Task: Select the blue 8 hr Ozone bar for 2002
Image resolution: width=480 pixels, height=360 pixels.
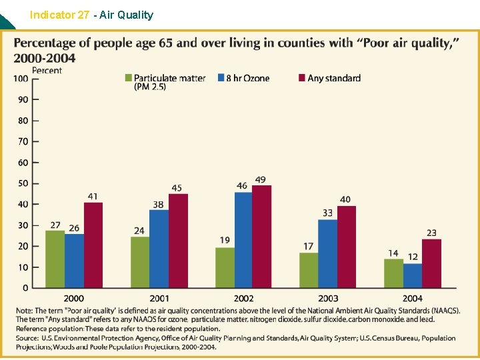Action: [244, 240]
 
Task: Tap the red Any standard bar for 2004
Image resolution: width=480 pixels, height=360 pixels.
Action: [431, 263]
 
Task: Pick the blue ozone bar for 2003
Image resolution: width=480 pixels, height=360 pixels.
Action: [328, 253]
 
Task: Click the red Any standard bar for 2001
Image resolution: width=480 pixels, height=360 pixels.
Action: [178, 241]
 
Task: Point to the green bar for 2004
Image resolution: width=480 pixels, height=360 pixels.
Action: [393, 273]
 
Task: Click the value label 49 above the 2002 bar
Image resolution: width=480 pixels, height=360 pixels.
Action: [260, 180]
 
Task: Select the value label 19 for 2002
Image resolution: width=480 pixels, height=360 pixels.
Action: [225, 240]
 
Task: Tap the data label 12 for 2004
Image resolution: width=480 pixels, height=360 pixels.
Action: [413, 257]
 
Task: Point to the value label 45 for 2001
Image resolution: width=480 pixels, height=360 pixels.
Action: [177, 188]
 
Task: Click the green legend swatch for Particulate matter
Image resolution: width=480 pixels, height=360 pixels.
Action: [129, 79]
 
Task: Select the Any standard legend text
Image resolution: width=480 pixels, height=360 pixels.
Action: [334, 79]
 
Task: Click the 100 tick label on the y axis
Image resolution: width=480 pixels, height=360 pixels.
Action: [20, 79]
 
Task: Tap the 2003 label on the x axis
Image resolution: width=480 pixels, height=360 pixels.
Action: [328, 298]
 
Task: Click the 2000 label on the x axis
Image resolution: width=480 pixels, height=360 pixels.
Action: [74, 298]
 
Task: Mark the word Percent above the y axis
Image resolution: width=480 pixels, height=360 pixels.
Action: [47, 70]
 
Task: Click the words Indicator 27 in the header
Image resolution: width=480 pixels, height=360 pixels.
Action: [58, 15]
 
